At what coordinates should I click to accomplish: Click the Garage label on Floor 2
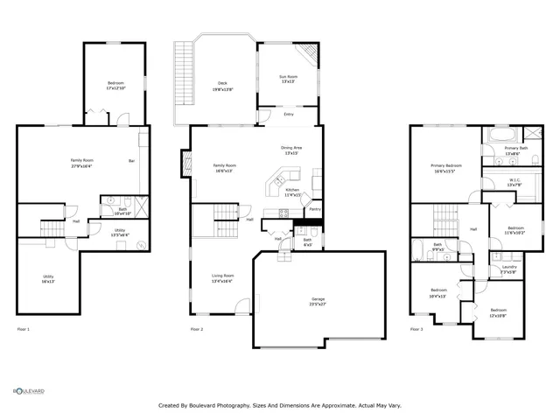coord(318,301)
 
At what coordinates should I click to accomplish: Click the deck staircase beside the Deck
coord(184,72)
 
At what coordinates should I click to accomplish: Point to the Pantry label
coord(314,209)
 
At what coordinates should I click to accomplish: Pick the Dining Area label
coord(290,150)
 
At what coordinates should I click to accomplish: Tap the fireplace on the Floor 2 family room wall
coord(185,162)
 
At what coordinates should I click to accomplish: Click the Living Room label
coord(222,277)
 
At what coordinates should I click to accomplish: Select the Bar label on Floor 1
coord(132,160)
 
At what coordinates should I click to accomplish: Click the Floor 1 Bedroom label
coord(115,85)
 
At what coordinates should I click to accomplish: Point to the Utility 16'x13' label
coord(47,278)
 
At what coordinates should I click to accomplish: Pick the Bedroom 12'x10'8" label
coord(498,312)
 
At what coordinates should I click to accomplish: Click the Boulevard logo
coord(29,391)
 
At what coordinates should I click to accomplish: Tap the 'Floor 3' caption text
coord(416,329)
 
